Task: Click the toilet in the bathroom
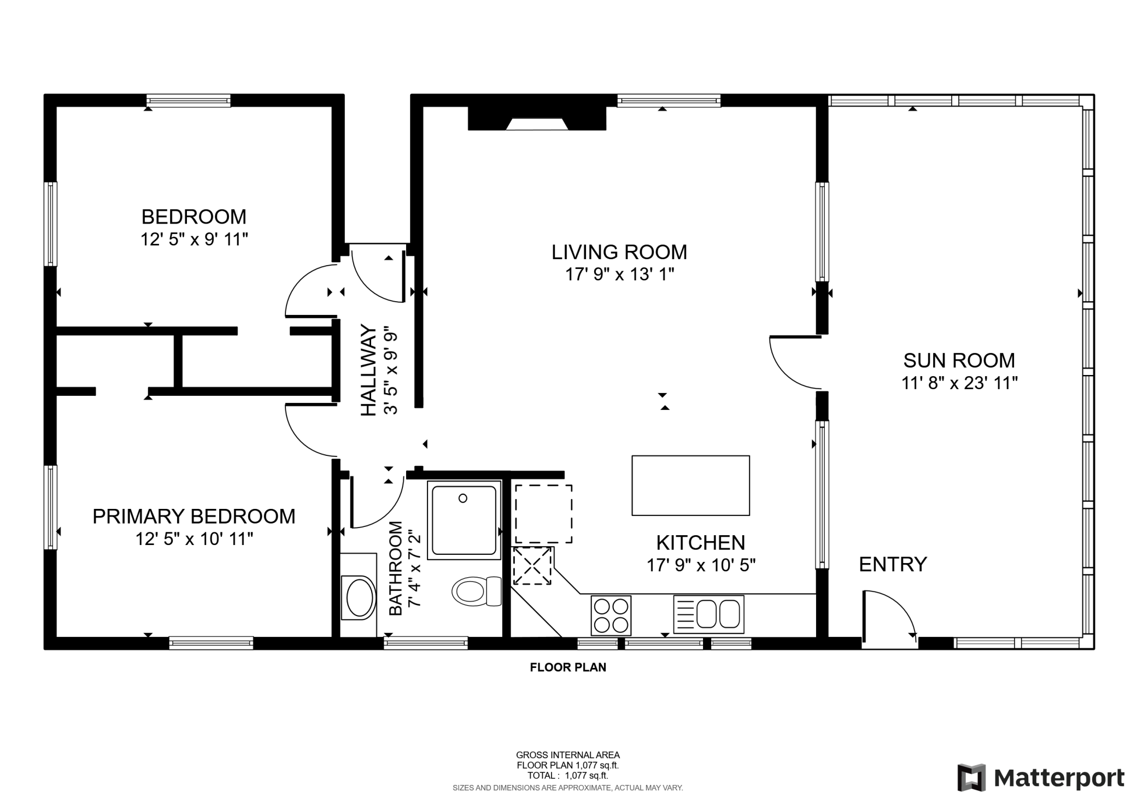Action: click(x=476, y=591)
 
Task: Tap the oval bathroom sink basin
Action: click(x=359, y=597)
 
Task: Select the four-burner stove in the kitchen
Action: click(x=611, y=616)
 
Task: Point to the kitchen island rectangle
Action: click(x=690, y=485)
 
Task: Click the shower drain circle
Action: click(x=463, y=498)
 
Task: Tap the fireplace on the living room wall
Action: click(x=537, y=119)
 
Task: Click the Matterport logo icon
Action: click(x=971, y=777)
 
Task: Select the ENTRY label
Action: click(x=893, y=564)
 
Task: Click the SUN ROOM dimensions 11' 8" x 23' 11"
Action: click(x=959, y=383)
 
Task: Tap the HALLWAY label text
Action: click(x=369, y=370)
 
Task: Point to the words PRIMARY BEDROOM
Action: click(x=194, y=516)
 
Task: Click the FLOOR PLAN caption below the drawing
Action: click(x=568, y=667)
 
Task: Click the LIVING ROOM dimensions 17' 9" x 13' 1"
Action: click(x=619, y=274)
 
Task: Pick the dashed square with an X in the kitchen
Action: click(x=532, y=566)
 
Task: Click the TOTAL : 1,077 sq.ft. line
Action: click(x=567, y=775)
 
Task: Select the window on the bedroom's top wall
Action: click(x=189, y=101)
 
